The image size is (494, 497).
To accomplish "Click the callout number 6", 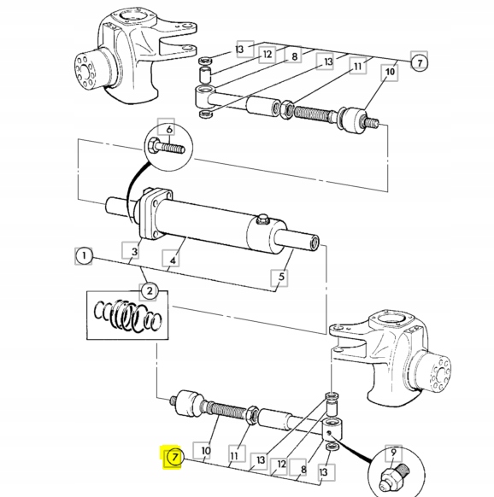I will click(168, 129).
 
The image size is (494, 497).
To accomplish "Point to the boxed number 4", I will click(172, 260).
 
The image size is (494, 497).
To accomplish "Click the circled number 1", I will click(83, 255).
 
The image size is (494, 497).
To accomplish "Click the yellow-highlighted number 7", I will click(173, 458).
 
